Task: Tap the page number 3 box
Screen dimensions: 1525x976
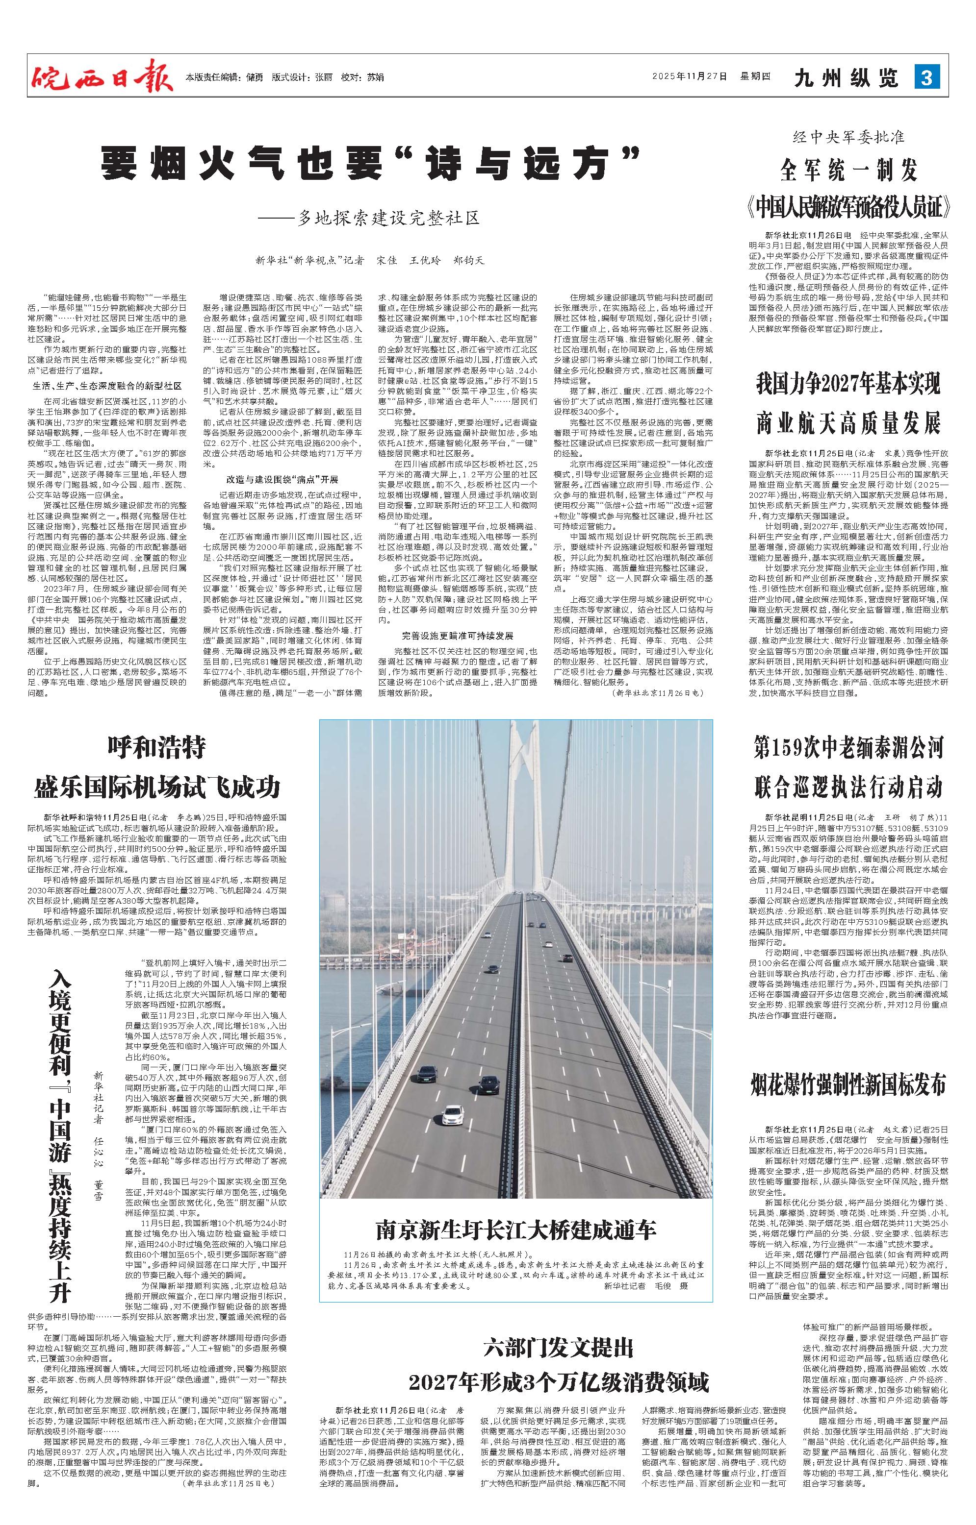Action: pyautogui.click(x=926, y=78)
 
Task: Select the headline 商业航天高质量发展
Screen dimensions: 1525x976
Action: pyautogui.click(x=848, y=423)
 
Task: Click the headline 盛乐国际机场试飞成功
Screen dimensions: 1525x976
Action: pyautogui.click(x=157, y=788)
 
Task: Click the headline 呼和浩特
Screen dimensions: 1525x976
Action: pyautogui.click(x=157, y=748)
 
